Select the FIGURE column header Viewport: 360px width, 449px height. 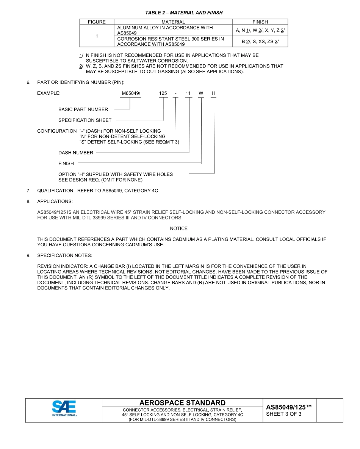(x=97, y=22)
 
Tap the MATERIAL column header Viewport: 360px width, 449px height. (x=173, y=22)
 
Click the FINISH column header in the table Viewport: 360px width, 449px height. (x=260, y=22)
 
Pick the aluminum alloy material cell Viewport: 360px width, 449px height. (x=173, y=30)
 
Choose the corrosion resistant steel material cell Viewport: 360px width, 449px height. (x=173, y=41)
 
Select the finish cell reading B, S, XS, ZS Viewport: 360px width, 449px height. (x=260, y=42)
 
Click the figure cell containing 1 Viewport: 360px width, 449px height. (x=97, y=36)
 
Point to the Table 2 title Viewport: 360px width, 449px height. (x=184, y=13)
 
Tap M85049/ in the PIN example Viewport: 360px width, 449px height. (x=131, y=93)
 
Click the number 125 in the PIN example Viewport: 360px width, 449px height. (x=163, y=93)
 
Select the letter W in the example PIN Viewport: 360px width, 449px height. (x=201, y=93)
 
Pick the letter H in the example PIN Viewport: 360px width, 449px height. (x=214, y=93)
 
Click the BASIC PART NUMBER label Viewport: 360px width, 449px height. (x=83, y=110)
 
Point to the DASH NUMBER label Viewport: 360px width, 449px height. (x=75, y=153)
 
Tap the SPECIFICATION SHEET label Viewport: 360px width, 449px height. (x=85, y=120)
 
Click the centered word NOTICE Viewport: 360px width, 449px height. (x=178, y=228)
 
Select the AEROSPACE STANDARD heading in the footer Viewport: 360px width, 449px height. (x=182, y=403)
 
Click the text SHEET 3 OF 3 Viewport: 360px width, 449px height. (x=284, y=414)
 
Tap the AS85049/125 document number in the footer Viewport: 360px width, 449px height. (x=289, y=407)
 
